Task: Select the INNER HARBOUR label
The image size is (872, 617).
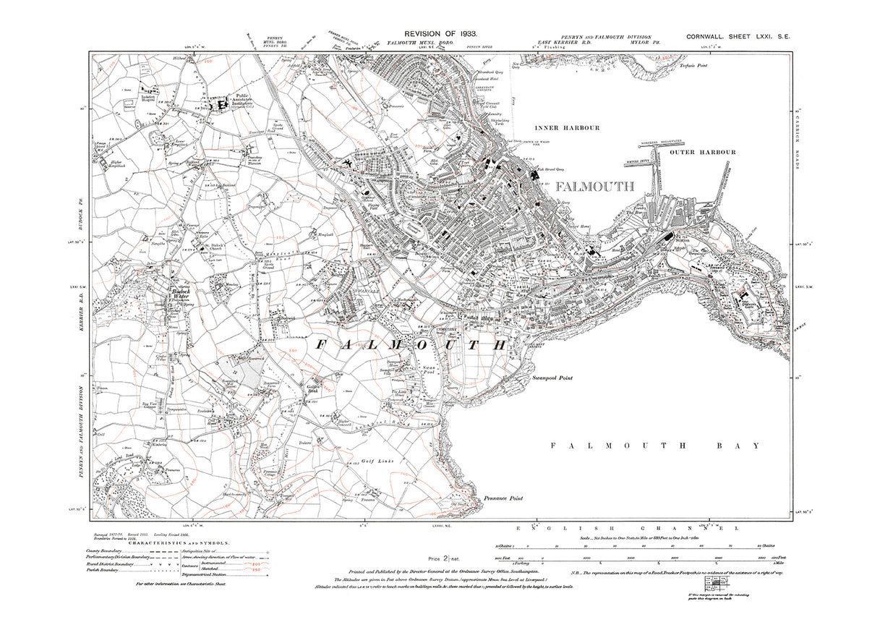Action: click(572, 128)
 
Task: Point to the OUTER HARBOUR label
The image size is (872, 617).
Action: click(702, 152)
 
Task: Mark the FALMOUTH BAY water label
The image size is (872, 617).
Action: click(655, 446)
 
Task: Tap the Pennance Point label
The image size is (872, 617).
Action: click(503, 498)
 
